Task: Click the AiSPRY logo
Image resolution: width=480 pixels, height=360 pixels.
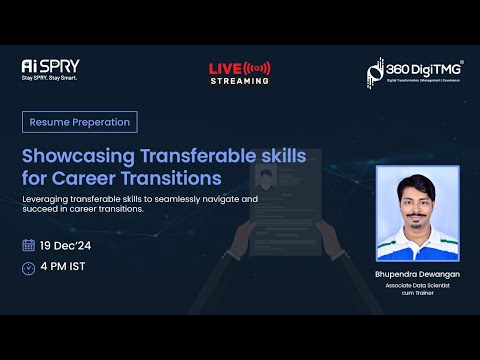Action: point(44,65)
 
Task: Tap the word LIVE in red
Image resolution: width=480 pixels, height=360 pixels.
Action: point(226,68)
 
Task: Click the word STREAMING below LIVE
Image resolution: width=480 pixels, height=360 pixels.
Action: point(239,81)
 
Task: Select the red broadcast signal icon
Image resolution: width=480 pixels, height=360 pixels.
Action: point(258,68)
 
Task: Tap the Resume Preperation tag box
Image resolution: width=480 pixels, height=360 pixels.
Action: point(79,122)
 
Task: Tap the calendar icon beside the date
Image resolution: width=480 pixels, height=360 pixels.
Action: point(28,245)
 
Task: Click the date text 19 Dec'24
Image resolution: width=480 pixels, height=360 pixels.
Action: point(66,245)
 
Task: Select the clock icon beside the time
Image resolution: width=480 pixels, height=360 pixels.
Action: point(28,267)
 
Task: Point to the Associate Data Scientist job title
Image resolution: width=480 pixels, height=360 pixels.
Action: point(417,285)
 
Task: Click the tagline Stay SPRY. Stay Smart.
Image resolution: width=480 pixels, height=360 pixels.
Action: point(50,77)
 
